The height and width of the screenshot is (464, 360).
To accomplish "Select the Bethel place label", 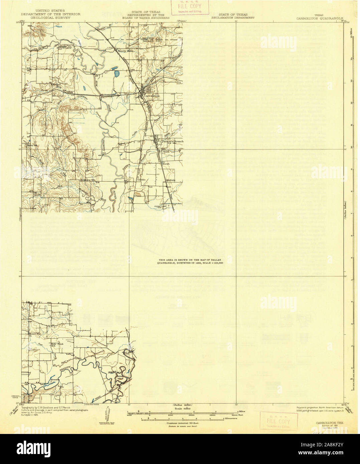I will (56, 85).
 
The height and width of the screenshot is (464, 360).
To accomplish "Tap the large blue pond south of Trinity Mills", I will (116, 72).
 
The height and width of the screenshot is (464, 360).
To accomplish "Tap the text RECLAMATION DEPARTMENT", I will (233, 18).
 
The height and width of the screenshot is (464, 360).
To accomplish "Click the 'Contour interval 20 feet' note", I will (182, 423).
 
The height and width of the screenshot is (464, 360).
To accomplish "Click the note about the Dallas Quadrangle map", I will (191, 261).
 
